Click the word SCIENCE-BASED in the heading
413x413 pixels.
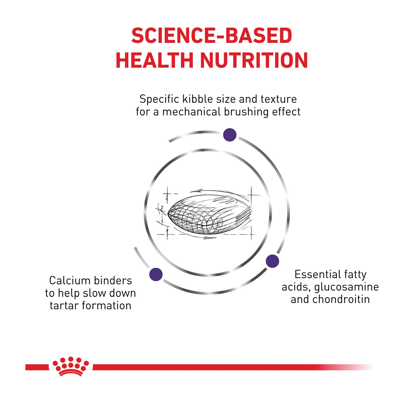(x=211, y=36)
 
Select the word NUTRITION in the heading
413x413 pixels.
(x=254, y=60)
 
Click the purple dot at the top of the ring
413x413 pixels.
(x=230, y=135)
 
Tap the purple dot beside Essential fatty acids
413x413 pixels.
(x=272, y=261)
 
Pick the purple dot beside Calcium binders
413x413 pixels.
(x=156, y=274)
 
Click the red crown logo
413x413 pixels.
(x=71, y=366)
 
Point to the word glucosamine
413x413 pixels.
(x=346, y=287)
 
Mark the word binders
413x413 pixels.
(x=112, y=281)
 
